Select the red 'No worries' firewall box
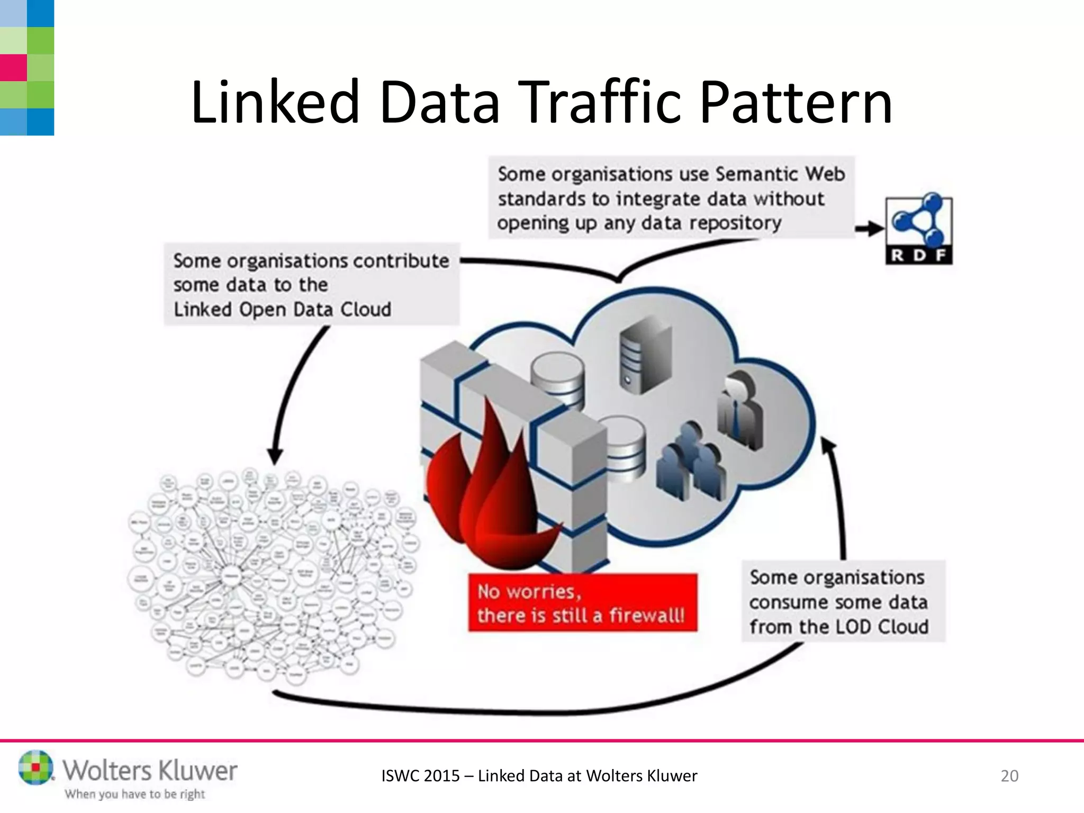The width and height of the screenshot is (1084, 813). [x=582, y=602]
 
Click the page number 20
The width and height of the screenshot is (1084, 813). [x=1009, y=775]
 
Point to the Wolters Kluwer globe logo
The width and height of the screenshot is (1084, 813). [x=35, y=767]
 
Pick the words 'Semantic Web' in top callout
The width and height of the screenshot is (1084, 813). [x=780, y=174]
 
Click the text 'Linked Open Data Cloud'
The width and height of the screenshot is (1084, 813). [x=282, y=309]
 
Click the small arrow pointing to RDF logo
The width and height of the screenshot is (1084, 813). [x=870, y=229]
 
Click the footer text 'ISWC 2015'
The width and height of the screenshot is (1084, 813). [x=420, y=775]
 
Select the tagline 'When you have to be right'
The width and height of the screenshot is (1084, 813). [x=134, y=794]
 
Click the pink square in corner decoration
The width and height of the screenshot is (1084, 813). [x=13, y=68]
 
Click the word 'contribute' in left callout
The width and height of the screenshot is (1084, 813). [x=401, y=261]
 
